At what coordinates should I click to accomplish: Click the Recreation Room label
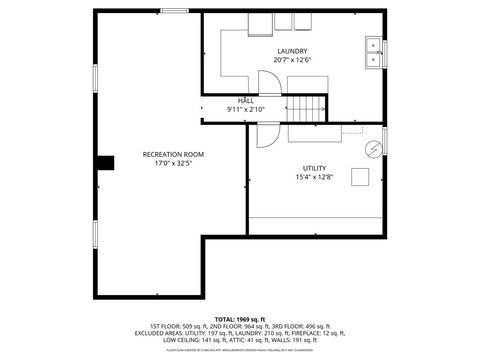[173, 154]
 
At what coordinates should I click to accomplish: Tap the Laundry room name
[292, 51]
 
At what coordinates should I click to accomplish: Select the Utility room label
[314, 168]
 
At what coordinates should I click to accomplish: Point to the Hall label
[245, 101]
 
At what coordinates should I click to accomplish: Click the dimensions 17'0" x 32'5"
[173, 163]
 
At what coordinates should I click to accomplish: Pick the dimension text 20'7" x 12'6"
[292, 60]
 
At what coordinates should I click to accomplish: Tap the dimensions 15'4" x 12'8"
[314, 177]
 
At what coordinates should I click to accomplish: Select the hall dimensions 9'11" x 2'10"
[245, 108]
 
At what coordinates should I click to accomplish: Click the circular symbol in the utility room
[373, 150]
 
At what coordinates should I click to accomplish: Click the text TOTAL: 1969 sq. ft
[239, 319]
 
